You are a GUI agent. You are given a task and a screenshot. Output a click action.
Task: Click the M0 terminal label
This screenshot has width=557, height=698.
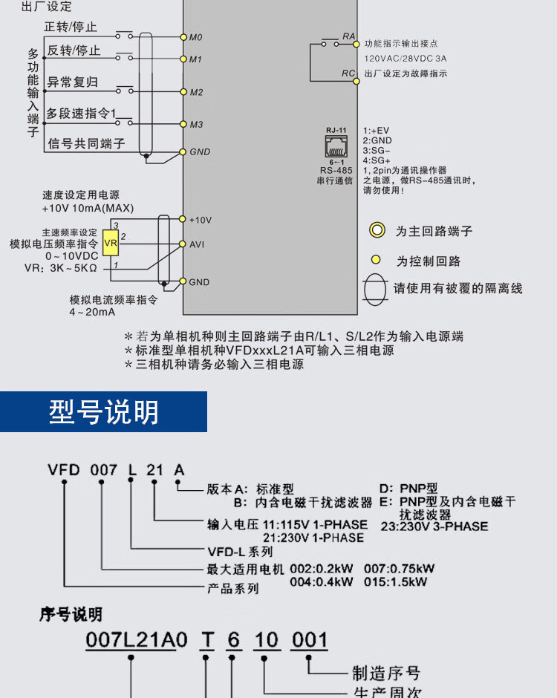click(196, 37)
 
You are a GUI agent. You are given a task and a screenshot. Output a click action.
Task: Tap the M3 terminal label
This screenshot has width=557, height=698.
click(196, 125)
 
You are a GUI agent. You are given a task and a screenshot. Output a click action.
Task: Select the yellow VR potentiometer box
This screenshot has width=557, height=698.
click(111, 244)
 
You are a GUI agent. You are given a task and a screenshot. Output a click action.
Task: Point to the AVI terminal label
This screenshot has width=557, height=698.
click(197, 244)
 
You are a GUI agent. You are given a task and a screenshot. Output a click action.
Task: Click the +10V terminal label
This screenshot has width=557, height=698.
click(201, 220)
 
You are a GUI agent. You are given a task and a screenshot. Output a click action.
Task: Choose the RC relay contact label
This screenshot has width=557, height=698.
click(348, 73)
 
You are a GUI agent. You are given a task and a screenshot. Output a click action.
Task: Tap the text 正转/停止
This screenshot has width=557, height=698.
click(71, 27)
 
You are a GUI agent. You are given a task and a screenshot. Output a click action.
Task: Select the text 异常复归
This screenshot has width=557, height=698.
click(73, 82)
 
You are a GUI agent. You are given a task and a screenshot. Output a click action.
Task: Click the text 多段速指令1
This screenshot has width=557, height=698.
click(81, 114)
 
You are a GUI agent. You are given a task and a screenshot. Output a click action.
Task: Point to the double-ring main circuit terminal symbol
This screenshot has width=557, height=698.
click(377, 231)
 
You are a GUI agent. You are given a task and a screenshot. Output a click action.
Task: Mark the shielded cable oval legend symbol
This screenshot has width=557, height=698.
click(375, 287)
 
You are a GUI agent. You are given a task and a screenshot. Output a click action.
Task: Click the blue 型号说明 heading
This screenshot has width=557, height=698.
click(104, 411)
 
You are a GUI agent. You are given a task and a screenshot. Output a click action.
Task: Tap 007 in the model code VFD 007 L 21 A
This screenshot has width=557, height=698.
click(104, 470)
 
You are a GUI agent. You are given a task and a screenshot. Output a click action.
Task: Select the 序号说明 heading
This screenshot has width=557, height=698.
click(71, 615)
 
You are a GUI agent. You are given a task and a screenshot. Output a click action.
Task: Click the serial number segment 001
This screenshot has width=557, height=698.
click(308, 640)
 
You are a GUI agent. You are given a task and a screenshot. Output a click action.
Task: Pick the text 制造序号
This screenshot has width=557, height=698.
click(385, 673)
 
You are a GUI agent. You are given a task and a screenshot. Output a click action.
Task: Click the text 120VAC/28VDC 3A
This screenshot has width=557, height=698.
click(405, 58)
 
